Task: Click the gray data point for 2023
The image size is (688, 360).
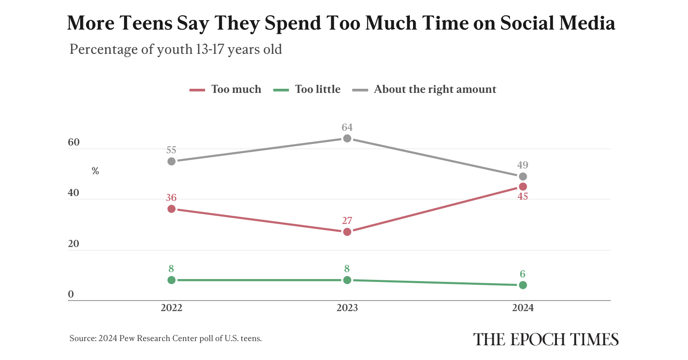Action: (347, 138)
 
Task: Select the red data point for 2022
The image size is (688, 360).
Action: (171, 209)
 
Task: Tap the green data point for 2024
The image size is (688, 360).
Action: (523, 285)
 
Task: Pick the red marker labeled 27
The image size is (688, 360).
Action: (347, 232)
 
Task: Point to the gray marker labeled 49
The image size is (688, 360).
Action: (523, 176)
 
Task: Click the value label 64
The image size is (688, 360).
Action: (347, 127)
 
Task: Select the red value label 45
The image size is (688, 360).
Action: (523, 197)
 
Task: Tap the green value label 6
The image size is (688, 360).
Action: (523, 274)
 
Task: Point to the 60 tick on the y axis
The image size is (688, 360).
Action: (74, 142)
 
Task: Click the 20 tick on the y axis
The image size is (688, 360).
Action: (74, 244)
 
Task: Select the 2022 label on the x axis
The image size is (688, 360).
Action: (171, 308)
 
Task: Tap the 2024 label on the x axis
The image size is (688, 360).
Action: (523, 308)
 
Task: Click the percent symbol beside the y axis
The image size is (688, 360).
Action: (95, 171)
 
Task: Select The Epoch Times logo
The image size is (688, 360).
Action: (546, 339)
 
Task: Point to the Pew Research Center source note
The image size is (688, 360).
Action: (166, 339)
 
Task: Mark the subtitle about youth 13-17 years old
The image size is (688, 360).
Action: (176, 49)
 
